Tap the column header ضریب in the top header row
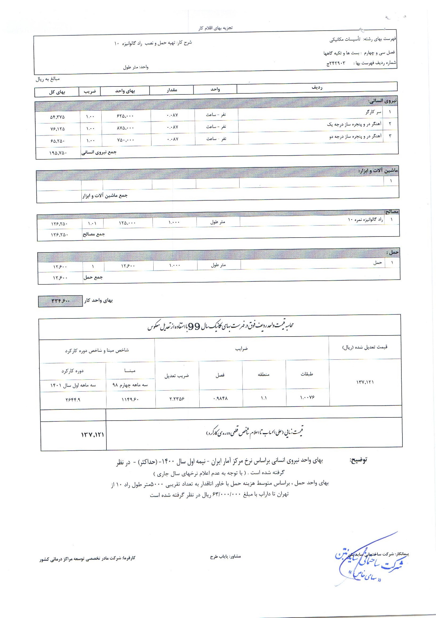(x=89, y=92)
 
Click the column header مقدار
(x=171, y=90)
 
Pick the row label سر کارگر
(x=373, y=112)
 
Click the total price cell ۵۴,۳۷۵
(x=57, y=117)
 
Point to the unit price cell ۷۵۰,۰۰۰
(x=125, y=140)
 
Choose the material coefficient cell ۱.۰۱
(x=92, y=223)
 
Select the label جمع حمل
(x=93, y=277)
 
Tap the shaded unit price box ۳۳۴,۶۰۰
(x=61, y=301)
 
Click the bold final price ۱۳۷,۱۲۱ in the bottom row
(x=92, y=435)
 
